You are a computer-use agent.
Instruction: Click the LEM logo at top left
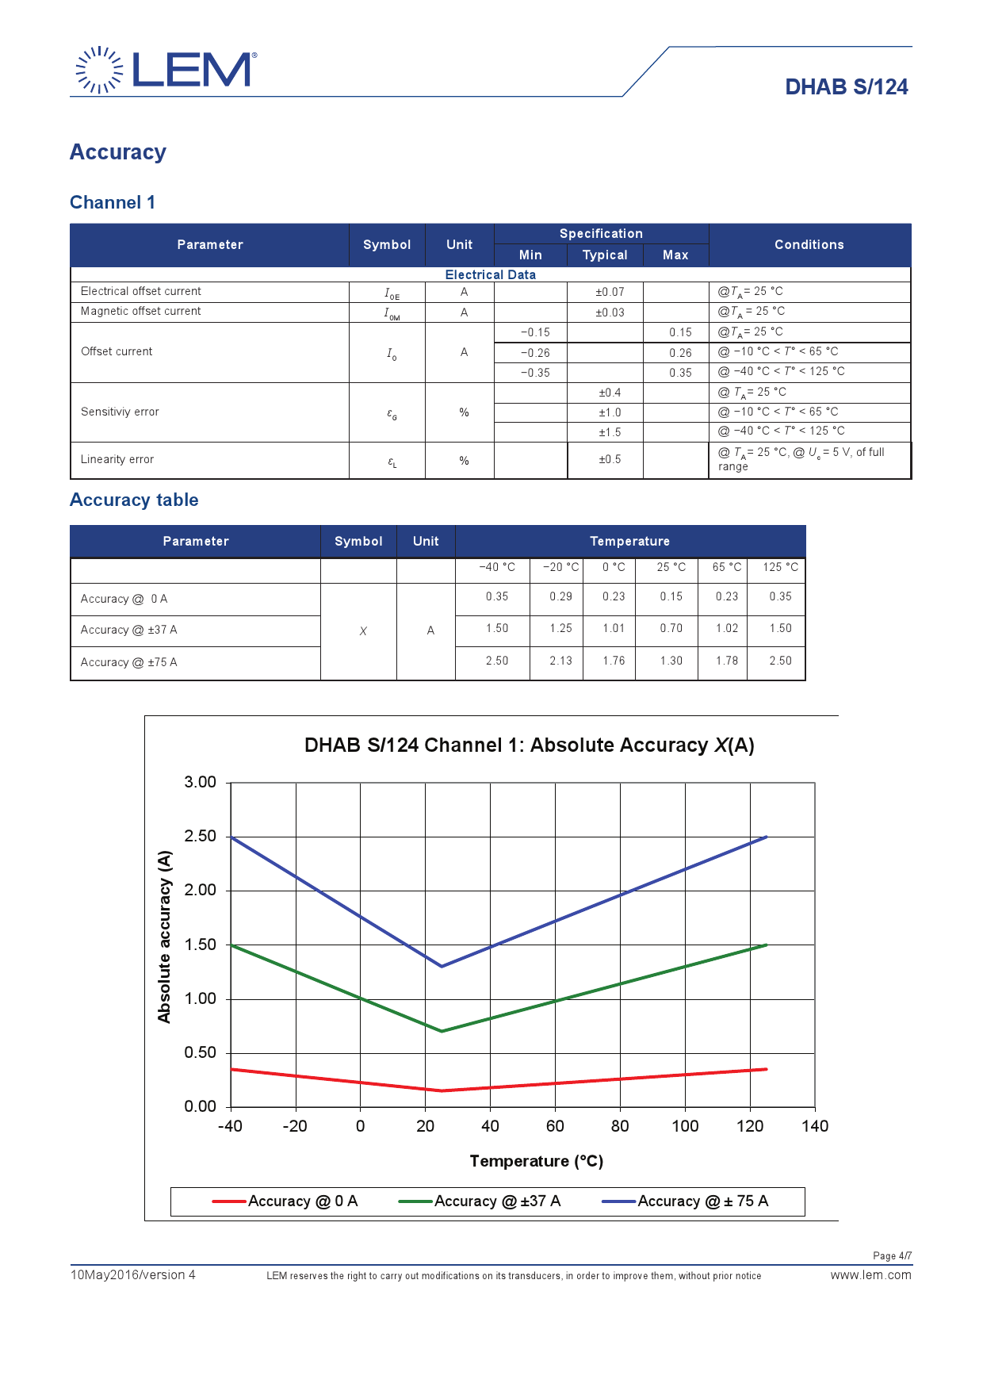166,70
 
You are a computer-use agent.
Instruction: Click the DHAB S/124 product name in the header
846,87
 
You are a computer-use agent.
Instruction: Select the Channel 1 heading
113,203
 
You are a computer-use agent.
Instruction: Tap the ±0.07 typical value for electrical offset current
610,292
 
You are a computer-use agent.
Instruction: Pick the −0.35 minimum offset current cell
535,373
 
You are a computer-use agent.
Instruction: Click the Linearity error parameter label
117,460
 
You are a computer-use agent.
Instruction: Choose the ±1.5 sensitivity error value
610,432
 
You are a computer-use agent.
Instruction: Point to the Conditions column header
809,245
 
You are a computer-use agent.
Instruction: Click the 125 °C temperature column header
780,567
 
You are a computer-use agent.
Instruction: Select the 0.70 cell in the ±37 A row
671,628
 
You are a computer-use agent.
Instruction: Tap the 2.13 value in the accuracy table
560,661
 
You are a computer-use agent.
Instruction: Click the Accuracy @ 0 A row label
124,599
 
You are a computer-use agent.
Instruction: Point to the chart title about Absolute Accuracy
529,745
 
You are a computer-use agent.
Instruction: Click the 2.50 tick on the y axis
200,837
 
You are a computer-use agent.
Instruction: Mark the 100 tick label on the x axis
685,1126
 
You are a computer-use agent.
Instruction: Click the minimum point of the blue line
442,966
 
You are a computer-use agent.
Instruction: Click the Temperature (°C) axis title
537,1162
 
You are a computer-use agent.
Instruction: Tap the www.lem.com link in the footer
870,1275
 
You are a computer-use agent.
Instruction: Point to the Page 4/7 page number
892,1256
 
